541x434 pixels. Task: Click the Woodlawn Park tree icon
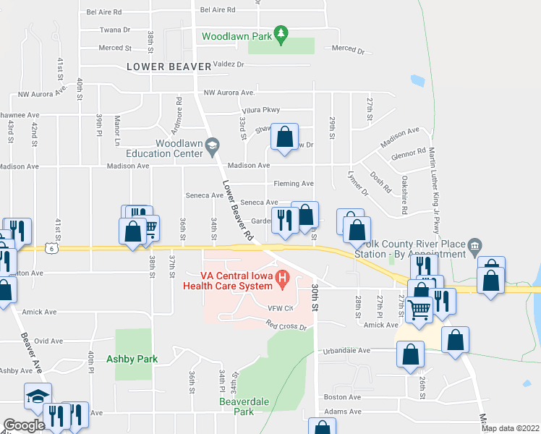(x=282, y=33)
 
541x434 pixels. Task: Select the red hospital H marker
(x=283, y=277)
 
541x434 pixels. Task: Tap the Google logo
(x=24, y=425)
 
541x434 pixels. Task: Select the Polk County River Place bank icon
(x=474, y=245)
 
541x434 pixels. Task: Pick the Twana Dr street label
(x=115, y=30)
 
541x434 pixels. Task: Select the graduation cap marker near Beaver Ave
(x=38, y=396)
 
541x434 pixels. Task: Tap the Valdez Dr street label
(x=229, y=64)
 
